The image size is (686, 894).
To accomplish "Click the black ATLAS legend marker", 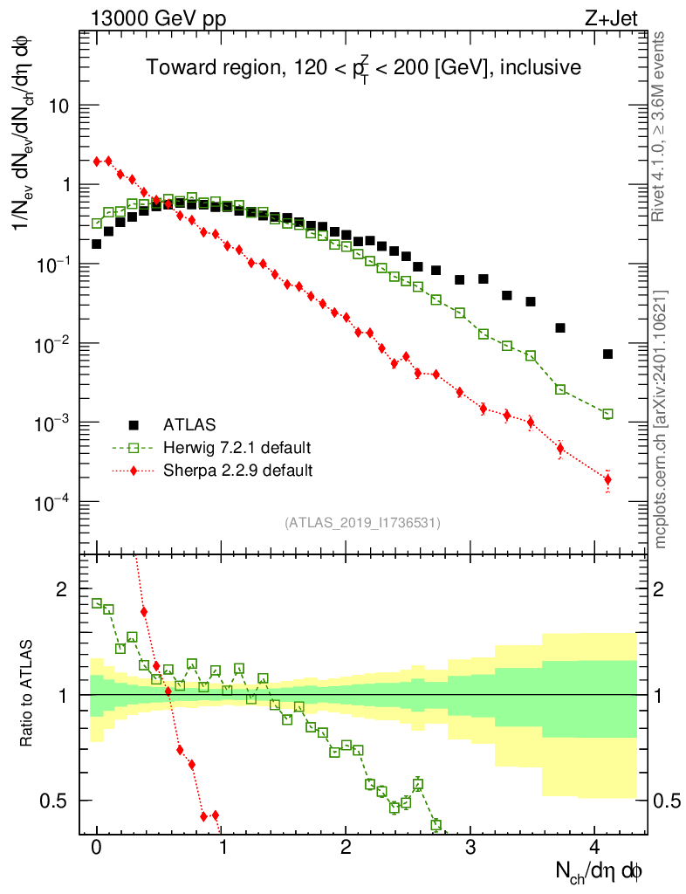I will (134, 425).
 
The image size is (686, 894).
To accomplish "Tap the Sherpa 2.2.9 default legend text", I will (237, 471).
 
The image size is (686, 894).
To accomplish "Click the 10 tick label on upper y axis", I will (59, 106).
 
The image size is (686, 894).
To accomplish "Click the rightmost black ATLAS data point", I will (607, 354).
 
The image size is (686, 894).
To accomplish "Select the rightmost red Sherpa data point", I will (607, 479).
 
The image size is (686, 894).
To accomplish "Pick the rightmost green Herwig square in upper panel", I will (607, 414).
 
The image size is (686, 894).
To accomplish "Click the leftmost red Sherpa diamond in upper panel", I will (97, 161).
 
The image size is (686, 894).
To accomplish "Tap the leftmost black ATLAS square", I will (97, 244).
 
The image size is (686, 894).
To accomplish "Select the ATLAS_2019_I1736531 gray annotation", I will (362, 523).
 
